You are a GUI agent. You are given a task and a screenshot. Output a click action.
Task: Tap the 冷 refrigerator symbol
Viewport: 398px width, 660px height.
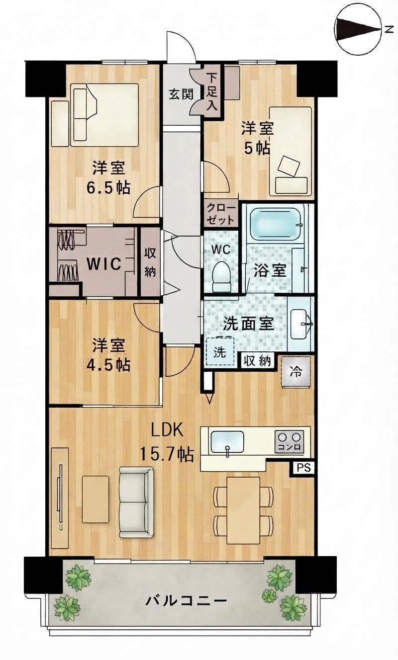296,372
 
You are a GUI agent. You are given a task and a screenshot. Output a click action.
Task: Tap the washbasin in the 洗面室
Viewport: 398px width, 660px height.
300,324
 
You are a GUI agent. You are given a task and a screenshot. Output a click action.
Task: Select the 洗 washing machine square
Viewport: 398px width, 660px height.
220,352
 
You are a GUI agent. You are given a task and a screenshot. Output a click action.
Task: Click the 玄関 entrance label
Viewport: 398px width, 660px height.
181,94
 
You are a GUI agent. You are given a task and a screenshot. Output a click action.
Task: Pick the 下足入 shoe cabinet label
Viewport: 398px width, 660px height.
211,91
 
